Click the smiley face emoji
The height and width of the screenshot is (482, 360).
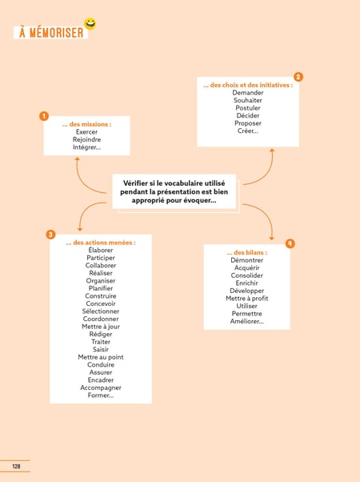tap(90, 24)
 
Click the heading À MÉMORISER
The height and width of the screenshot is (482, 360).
tap(51, 33)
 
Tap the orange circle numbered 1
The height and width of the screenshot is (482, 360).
tap(44, 116)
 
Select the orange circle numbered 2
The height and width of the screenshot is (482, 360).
tap(298, 77)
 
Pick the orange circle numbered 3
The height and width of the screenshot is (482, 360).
tap(50, 235)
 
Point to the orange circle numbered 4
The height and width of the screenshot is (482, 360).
tap(290, 243)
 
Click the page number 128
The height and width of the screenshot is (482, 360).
tap(16, 466)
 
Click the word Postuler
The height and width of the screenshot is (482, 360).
tap(248, 108)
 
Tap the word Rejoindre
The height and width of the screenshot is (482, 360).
tap(86, 139)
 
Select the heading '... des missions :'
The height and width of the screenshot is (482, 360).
tap(86, 124)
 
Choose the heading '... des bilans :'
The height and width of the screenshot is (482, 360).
tap(247, 252)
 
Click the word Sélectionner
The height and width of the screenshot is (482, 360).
tap(101, 311)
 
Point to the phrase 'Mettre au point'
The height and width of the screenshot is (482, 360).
tap(101, 357)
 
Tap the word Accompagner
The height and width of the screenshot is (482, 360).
tap(101, 388)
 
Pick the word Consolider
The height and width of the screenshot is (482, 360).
tap(247, 275)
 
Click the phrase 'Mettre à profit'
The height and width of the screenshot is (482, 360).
tap(247, 298)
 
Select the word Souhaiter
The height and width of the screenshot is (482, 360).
tap(248, 100)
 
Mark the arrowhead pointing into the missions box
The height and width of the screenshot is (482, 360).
tap(77, 159)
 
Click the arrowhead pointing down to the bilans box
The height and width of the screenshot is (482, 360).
tap(271, 239)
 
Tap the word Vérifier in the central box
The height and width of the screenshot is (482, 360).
tap(135, 183)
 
